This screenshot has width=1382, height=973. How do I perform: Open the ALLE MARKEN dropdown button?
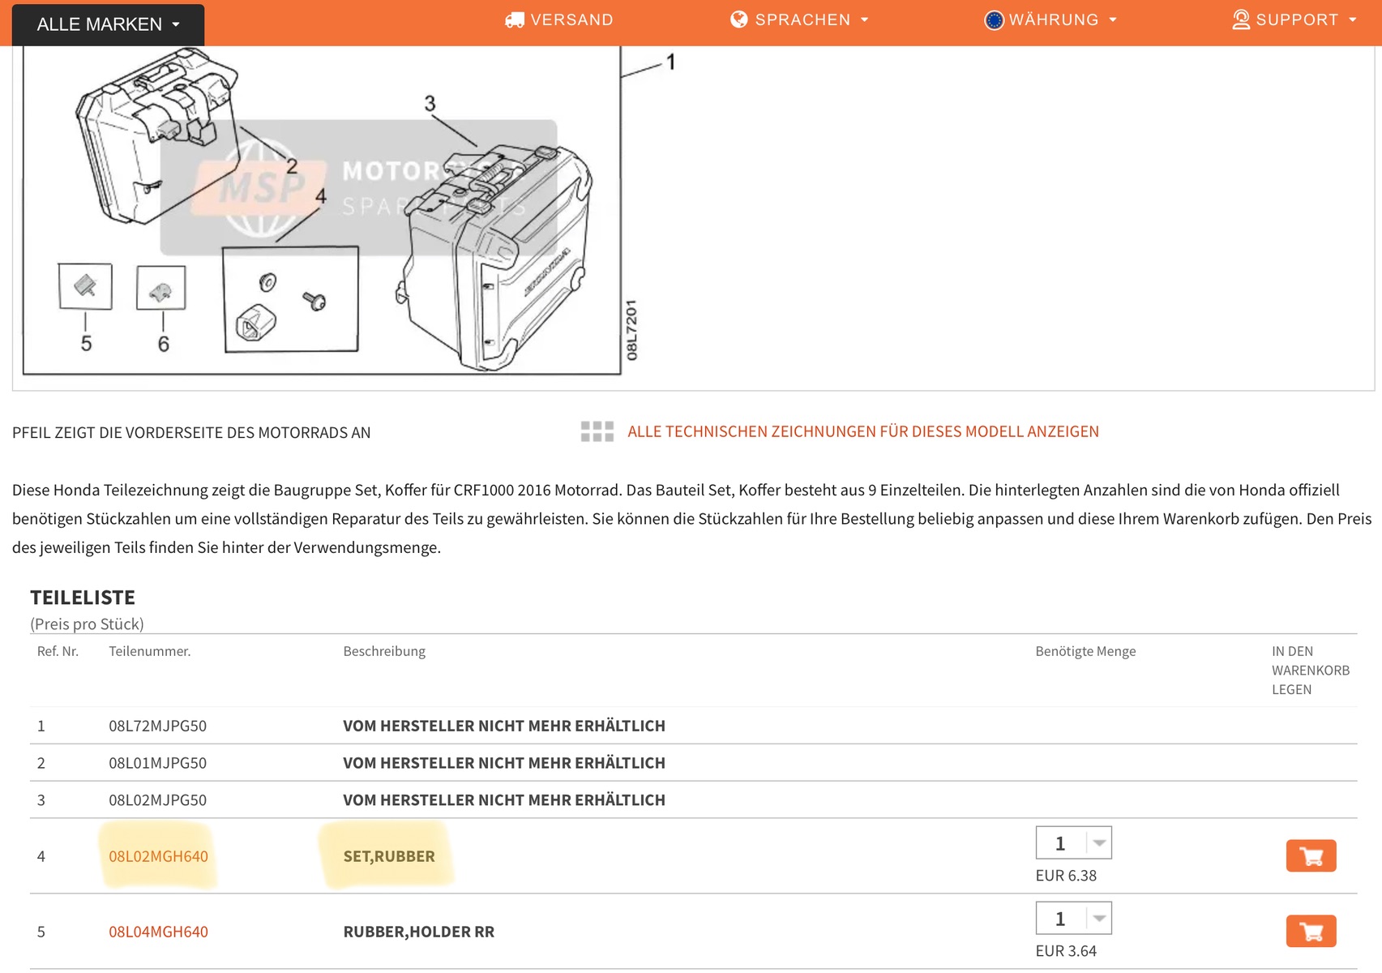click(108, 24)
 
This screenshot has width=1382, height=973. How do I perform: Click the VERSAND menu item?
click(559, 19)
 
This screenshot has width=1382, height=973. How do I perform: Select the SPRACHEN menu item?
click(799, 19)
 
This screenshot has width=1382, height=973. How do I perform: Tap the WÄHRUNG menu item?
click(1050, 19)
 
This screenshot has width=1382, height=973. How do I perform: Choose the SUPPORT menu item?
click(1294, 19)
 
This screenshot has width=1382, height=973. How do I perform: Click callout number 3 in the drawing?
click(430, 103)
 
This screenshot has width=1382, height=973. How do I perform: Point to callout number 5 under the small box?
click(87, 343)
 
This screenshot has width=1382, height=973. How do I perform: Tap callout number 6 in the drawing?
click(164, 344)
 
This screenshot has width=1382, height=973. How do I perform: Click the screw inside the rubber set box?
click(314, 301)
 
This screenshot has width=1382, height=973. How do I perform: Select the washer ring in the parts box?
click(267, 282)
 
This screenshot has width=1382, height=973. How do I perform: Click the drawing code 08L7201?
click(631, 330)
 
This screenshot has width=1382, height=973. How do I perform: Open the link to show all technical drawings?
click(862, 431)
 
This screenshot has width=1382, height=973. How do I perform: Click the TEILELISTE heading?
click(83, 598)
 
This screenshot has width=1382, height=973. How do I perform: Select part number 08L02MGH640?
click(159, 855)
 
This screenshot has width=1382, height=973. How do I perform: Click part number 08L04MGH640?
click(159, 931)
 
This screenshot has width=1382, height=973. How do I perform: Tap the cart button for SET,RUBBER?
click(1311, 855)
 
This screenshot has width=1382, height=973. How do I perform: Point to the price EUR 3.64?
click(1066, 951)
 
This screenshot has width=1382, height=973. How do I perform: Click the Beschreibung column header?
click(384, 651)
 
